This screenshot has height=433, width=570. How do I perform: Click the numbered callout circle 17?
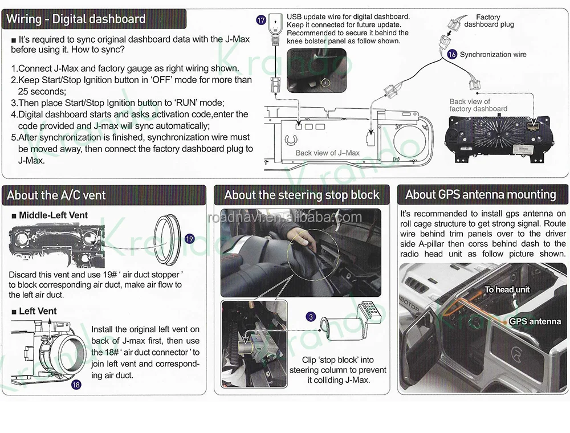tap(262, 21)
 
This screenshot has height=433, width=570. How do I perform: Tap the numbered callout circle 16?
tap(452, 55)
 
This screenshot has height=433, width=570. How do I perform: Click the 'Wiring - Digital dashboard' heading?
tap(76, 19)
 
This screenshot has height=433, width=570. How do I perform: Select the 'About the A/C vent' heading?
tap(56, 195)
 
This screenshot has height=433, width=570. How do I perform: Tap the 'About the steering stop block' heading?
tap(302, 195)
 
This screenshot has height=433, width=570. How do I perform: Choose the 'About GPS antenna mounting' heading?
tap(481, 194)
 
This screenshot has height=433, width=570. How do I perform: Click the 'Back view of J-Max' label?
tap(327, 153)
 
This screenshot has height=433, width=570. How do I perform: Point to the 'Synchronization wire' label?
tap(493, 55)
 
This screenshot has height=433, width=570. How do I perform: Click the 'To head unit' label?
tap(507, 289)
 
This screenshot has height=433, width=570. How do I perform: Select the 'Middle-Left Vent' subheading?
tap(54, 215)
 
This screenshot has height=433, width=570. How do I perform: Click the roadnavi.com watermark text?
tap(285, 217)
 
